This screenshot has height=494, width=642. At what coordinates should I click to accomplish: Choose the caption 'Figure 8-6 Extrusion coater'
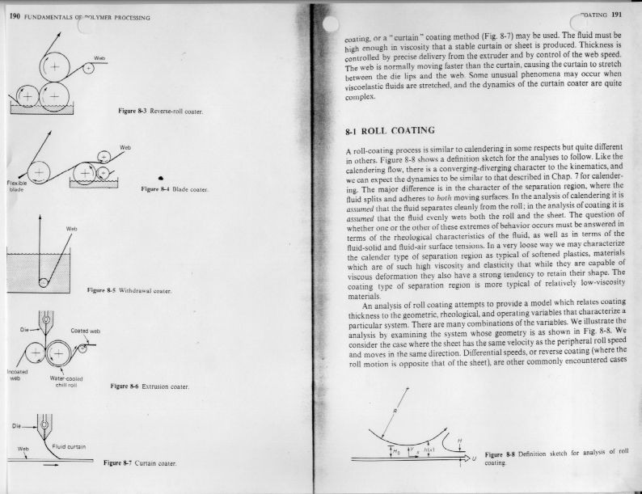(x=149, y=386)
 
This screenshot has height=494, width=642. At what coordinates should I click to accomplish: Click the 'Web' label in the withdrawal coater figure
(x=71, y=229)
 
